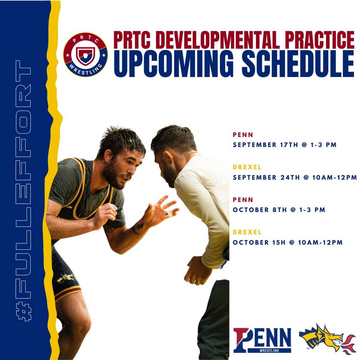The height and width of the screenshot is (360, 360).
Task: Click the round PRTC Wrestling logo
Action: [x=85, y=55]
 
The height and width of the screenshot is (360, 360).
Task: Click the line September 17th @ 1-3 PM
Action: [x=285, y=145]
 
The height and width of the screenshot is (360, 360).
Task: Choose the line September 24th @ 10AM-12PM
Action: [x=295, y=177]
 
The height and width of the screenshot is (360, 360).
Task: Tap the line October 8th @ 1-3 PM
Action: [x=279, y=210]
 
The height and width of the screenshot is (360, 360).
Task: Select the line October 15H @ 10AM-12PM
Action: [x=288, y=242]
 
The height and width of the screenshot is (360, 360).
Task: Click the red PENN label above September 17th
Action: [x=243, y=135]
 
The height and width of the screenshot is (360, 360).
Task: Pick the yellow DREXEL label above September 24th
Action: [x=247, y=167]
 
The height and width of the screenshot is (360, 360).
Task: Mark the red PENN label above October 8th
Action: [x=243, y=200]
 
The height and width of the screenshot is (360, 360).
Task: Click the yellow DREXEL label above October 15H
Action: [x=247, y=232]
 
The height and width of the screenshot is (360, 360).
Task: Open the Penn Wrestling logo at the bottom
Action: [x=262, y=340]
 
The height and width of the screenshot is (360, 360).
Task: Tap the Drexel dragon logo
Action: [x=327, y=339]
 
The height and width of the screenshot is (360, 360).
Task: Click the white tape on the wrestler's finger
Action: [x=170, y=213]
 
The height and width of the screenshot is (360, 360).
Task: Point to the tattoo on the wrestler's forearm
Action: [x=138, y=228]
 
